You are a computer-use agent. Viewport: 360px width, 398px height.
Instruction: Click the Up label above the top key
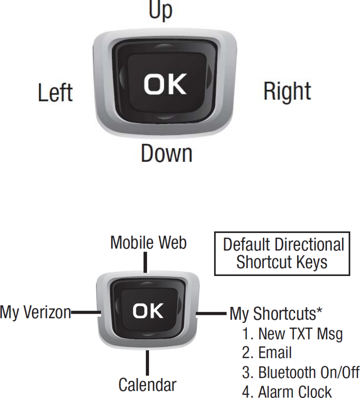coord(160,10)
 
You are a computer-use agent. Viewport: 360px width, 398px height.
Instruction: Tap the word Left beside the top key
coord(55,93)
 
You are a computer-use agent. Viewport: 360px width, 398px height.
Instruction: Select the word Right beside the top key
coord(287,91)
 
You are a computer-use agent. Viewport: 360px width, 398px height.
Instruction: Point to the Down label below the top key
coord(166,153)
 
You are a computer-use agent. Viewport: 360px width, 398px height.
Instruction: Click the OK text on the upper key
coord(165,85)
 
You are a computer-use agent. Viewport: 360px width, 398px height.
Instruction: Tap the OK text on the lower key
coord(148,311)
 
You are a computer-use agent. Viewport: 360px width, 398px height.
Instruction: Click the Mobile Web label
coord(148,243)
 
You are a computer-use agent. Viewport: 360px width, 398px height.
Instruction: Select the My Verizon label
coord(35,313)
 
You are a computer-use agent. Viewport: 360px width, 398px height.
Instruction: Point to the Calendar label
coord(147,385)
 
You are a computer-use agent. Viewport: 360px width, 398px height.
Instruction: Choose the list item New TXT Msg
coord(292,334)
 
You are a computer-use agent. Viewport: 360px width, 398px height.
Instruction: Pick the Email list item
coord(267,353)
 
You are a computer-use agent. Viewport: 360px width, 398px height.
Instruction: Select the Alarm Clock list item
coord(287,392)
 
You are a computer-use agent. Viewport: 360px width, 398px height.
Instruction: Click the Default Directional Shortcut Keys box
coord(282,254)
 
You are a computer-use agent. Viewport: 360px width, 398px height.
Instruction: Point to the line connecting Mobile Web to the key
coord(145,262)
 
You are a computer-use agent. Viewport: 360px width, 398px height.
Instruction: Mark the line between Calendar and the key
coord(147,363)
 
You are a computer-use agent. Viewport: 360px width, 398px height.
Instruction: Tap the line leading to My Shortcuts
coord(211,314)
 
